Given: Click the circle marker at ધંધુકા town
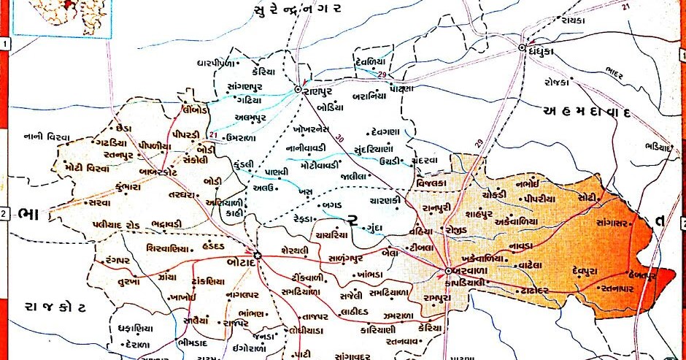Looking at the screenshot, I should click(523, 48).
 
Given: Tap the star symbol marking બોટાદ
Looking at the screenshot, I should click(258, 255).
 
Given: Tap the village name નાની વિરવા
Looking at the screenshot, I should click(47, 137).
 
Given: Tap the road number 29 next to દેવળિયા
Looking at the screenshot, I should click(382, 75).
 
